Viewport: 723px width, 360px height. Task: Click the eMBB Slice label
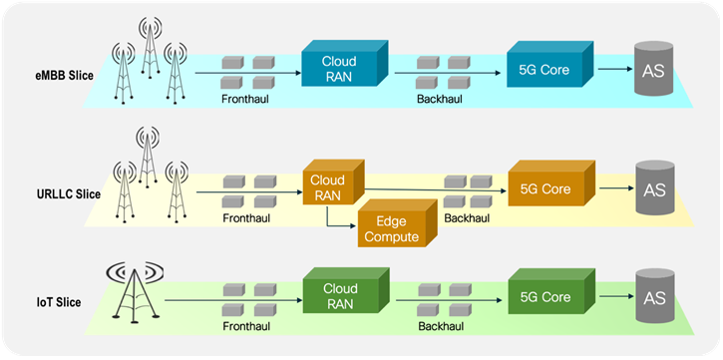[x=65, y=76]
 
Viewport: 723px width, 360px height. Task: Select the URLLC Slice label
[x=68, y=194]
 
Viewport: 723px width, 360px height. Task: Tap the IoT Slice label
[x=59, y=302]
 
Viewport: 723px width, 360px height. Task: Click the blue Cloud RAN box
[x=343, y=64]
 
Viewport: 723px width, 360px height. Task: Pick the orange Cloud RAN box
[x=333, y=182]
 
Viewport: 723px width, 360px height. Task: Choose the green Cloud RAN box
[x=345, y=293]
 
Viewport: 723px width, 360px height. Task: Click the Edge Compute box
[x=397, y=223]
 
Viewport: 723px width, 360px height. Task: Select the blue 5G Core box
[x=549, y=64]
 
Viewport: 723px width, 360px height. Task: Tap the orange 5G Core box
[x=551, y=183]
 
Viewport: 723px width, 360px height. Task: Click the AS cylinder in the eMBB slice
[x=653, y=69]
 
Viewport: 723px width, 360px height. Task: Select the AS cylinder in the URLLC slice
[x=655, y=187]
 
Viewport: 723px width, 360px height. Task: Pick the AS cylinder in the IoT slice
[x=655, y=296]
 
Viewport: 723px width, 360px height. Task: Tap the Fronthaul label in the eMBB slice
[x=244, y=99]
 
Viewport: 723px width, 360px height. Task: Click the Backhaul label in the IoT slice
[x=441, y=326]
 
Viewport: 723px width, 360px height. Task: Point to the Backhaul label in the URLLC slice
[x=467, y=218]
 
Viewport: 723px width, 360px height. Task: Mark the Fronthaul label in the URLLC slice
[x=246, y=218]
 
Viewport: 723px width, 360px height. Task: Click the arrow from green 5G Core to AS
[x=616, y=296]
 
